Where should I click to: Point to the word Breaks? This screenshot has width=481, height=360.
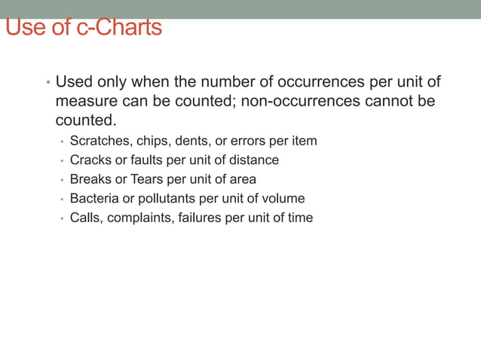90,179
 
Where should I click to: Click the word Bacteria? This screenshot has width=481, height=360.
94,199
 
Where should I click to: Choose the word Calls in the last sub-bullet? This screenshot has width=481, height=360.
84,218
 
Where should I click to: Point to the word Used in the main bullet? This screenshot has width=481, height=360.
74,81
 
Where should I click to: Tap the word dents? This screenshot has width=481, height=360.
195,141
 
